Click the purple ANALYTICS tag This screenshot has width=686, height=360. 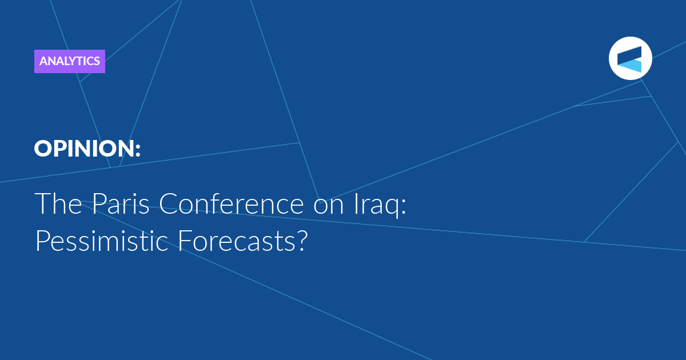tap(70, 61)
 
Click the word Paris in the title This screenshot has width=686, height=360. tap(121, 203)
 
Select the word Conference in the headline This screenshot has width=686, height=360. tap(231, 203)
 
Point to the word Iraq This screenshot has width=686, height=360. tap(377, 205)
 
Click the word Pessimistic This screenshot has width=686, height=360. tap(102, 241)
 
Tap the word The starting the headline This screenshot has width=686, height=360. tap(58, 203)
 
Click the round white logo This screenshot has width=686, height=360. tap(630, 58)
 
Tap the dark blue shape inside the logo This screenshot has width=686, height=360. tap(629, 54)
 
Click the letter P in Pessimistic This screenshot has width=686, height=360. tap(43, 241)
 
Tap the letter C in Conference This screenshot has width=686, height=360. tap(168, 203)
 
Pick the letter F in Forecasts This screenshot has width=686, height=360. tap(185, 241)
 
